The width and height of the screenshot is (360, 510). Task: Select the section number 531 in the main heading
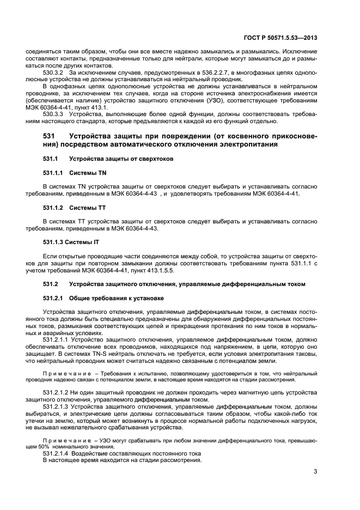(49, 136)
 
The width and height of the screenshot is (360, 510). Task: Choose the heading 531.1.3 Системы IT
(71, 242)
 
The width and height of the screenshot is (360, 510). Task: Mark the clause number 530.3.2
(53, 72)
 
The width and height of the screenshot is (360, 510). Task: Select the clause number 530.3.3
(53, 114)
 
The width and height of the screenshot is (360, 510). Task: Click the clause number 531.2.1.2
(56, 392)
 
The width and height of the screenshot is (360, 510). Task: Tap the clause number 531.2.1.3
(56, 406)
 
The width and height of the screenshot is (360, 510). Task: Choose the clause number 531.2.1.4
(56, 453)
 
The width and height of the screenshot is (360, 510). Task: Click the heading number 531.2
(50, 284)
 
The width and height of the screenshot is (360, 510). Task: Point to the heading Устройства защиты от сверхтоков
(121, 159)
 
